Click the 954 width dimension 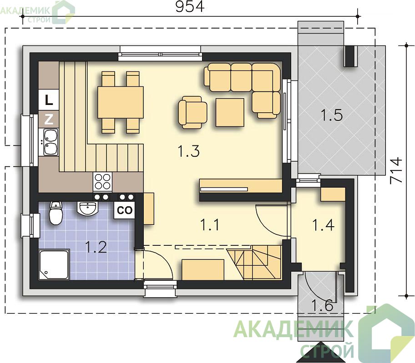pyautogui.click(x=190, y=7)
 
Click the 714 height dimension pyautogui.click(x=396, y=170)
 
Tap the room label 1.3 pyautogui.click(x=188, y=151)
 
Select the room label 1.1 pyautogui.click(x=210, y=225)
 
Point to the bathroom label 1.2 pyautogui.click(x=96, y=247)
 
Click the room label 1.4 pyautogui.click(x=323, y=225)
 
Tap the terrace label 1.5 pyautogui.click(x=331, y=115)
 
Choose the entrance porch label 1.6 pyautogui.click(x=322, y=305)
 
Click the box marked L pyautogui.click(x=49, y=100)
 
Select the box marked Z pyautogui.click(x=49, y=119)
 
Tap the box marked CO pyautogui.click(x=124, y=210)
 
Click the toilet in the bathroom pyautogui.click(x=56, y=213)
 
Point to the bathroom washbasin pyautogui.click(x=87, y=209)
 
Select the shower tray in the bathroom pyautogui.click(x=54, y=265)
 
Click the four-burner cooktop pyautogui.click(x=103, y=182)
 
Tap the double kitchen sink pyautogui.click(x=51, y=142)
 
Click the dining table pyautogui.click(x=121, y=102)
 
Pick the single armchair pyautogui.click(x=192, y=112)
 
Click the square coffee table pyautogui.click(x=230, y=112)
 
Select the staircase pyautogui.click(x=254, y=262)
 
